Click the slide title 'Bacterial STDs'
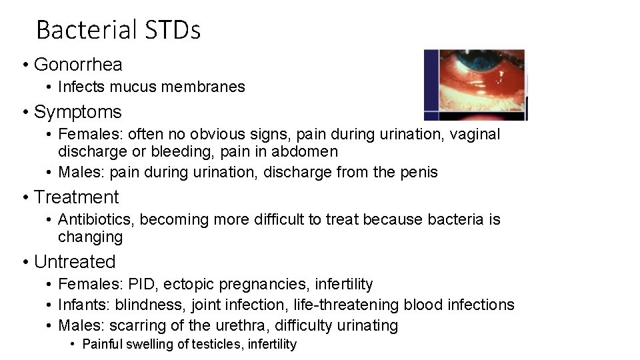coord(118,30)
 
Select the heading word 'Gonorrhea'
coord(78,65)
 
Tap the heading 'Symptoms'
coord(78,112)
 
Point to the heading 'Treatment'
coord(76,197)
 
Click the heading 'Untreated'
coord(75,262)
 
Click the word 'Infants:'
coord(85,305)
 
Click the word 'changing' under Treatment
coord(91,237)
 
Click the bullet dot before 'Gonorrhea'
coord(25,65)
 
